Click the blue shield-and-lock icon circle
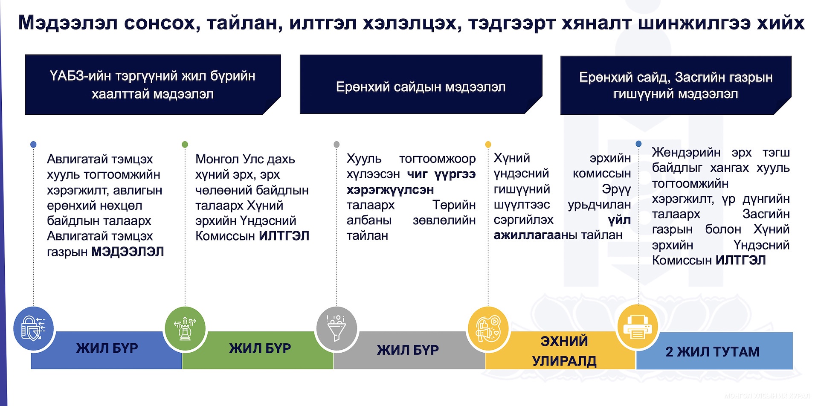coord(34,328)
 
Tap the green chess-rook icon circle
coord(185,328)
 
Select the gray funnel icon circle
coord(336,328)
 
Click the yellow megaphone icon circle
coord(488,328)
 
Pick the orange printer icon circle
coord(638,327)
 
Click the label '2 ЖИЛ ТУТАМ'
coord(712,351)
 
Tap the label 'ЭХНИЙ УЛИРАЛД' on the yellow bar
coord(564,351)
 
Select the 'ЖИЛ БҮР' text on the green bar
coord(260,348)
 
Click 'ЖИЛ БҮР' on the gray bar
coord(408,350)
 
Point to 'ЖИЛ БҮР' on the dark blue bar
coord(107,348)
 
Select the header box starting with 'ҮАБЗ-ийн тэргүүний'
coord(153,84)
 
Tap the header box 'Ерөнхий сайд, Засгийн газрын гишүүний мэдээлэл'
coord(676,85)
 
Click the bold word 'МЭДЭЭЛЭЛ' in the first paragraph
coord(128,252)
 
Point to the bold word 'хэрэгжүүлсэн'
coord(390,190)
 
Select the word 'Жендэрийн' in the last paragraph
coord(686,152)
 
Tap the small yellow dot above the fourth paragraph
coord(488,145)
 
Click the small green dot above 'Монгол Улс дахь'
coord(185,145)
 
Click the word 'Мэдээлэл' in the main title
coord(68,23)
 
